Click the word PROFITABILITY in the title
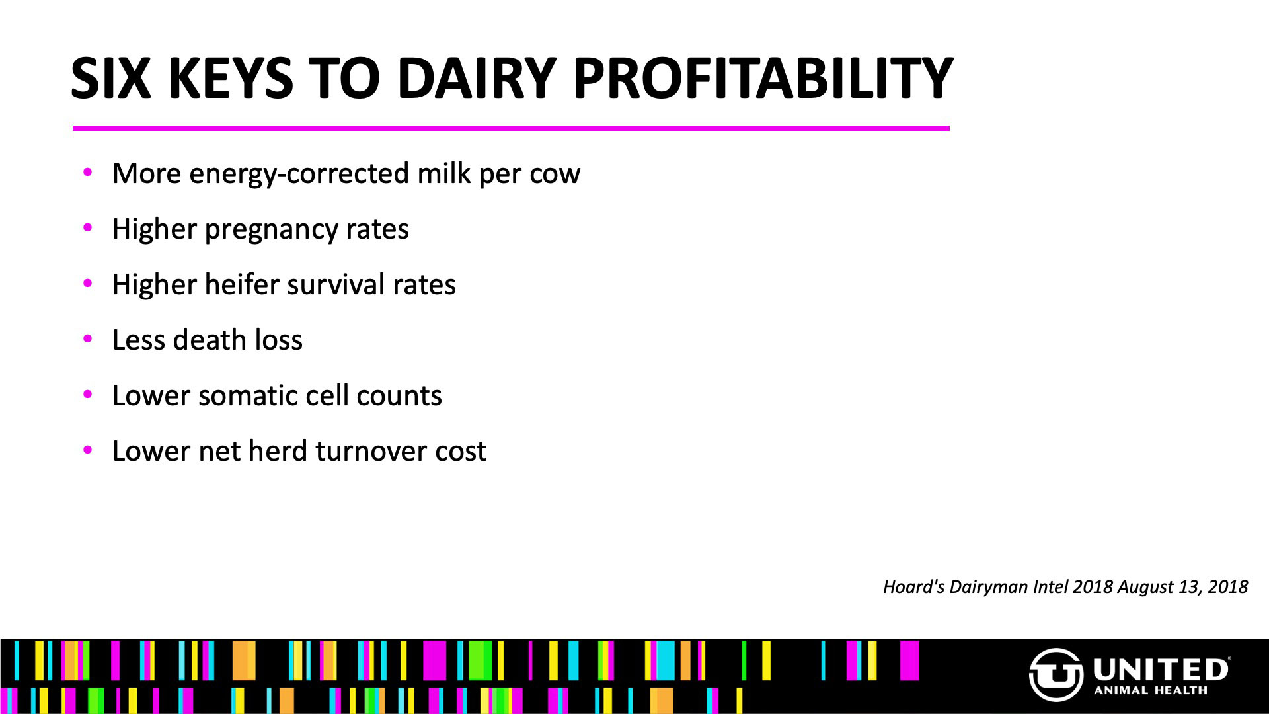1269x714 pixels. (762, 78)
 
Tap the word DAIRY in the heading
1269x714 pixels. (476, 78)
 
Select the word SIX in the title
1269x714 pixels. (110, 78)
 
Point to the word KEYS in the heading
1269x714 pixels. (231, 78)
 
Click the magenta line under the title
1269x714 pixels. (511, 128)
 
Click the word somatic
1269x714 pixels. (241, 395)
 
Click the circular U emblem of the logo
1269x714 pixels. (1056, 674)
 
